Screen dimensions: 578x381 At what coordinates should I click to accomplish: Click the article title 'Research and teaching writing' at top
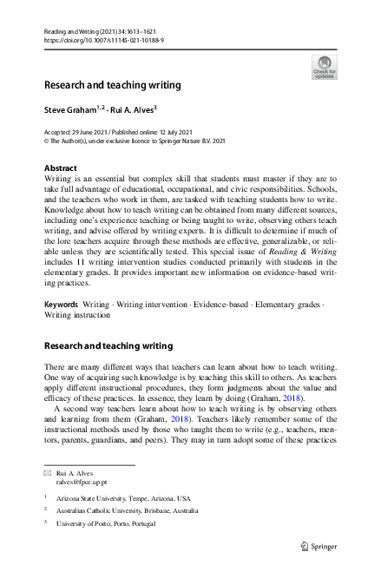click(x=113, y=85)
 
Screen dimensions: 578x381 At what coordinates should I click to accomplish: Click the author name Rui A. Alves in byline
click(x=133, y=111)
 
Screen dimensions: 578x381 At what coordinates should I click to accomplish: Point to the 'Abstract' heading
click(x=60, y=167)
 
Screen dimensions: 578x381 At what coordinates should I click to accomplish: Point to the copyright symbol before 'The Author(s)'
click(x=47, y=139)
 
